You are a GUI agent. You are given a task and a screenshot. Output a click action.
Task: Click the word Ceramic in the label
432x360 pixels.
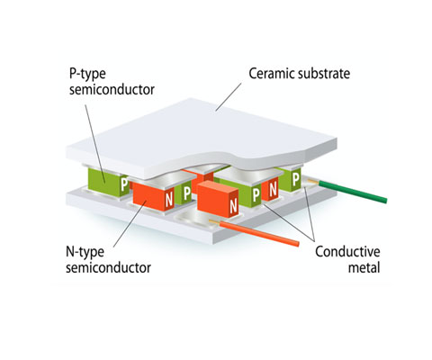click(272, 74)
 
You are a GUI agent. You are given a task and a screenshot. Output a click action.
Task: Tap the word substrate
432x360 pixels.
click(324, 74)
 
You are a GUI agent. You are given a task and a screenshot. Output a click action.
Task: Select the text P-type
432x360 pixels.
click(87, 74)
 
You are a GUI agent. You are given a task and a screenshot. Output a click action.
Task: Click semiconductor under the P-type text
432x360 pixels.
click(112, 89)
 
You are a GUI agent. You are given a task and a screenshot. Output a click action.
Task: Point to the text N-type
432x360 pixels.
click(85, 252)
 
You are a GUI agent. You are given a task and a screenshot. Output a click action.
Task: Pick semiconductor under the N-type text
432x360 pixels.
click(108, 267)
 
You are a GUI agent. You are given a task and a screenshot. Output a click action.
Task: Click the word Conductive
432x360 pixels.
click(347, 251)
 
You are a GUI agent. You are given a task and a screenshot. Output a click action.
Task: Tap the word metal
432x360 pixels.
click(364, 267)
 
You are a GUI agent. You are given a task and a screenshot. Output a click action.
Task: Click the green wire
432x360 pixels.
click(353, 192)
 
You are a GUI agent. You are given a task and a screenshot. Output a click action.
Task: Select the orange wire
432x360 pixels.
click(259, 234)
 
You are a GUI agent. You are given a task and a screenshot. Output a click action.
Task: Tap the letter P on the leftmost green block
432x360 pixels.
click(124, 184)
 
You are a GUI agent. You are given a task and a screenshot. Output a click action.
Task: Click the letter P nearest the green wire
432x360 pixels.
click(296, 179)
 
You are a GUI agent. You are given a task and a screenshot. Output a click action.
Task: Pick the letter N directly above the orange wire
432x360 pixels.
click(233, 206)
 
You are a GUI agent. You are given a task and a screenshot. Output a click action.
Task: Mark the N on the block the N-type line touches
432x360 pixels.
click(169, 199)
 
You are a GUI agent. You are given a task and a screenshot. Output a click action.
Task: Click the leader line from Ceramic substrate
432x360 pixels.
click(229, 97)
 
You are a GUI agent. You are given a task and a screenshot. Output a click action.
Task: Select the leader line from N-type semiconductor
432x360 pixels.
click(130, 224)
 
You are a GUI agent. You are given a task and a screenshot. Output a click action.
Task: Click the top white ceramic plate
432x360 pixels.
click(201, 138)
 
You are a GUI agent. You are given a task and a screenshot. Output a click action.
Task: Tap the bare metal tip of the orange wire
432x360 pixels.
click(214, 222)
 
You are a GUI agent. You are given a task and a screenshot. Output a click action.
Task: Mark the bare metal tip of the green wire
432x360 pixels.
click(312, 181)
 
